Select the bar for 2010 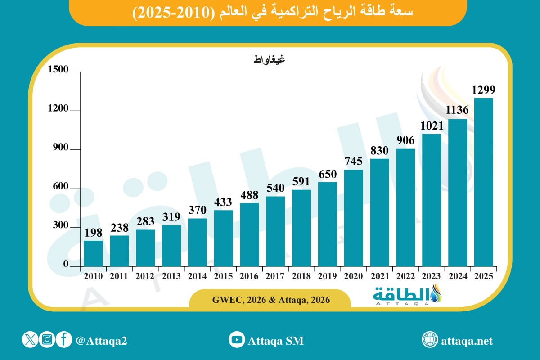coord(93,253)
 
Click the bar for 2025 coord(484,182)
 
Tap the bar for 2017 coord(275,231)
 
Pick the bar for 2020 coord(354,218)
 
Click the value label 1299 coord(484,90)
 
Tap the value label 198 coord(93,233)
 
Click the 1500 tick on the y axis coord(58,70)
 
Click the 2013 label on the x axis coord(171,276)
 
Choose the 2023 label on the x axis coord(432,276)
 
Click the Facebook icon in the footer coord(64,340)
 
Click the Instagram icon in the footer coord(47,340)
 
